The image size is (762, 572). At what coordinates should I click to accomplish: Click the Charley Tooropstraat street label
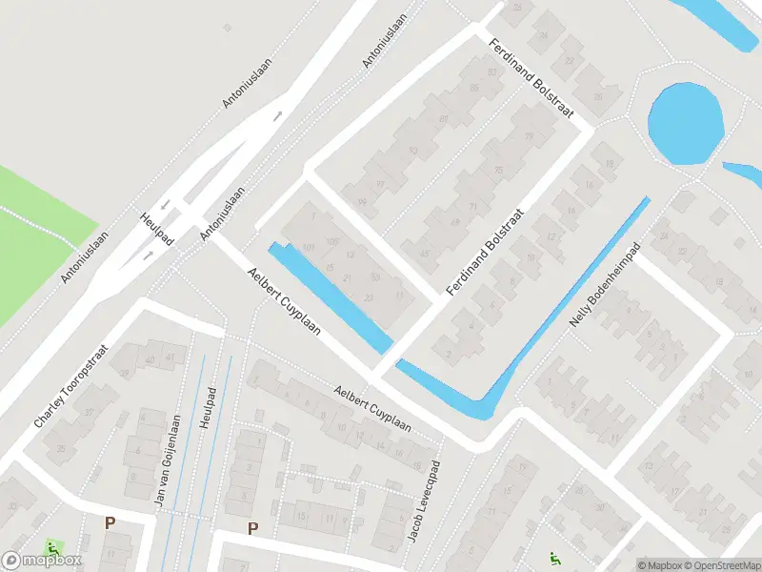pyautogui.click(x=72, y=386)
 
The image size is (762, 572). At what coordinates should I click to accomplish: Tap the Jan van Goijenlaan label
pyautogui.click(x=174, y=461)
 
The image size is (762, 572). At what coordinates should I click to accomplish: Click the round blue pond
pyautogui.click(x=685, y=123)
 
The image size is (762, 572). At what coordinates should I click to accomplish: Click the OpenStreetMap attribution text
pyautogui.click(x=720, y=564)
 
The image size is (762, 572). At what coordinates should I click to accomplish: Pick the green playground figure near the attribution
pyautogui.click(x=553, y=559)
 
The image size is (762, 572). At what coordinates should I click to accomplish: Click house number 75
pyautogui.click(x=498, y=171)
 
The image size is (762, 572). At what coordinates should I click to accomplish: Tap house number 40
pyautogui.click(x=150, y=358)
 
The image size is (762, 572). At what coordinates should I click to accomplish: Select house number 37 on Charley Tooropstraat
pyautogui.click(x=88, y=413)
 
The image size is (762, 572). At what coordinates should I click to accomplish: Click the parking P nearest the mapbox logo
pyautogui.click(x=110, y=522)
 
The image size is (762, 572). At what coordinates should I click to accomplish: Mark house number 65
pyautogui.click(x=424, y=254)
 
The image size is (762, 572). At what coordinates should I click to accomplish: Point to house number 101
pyautogui.click(x=307, y=249)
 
